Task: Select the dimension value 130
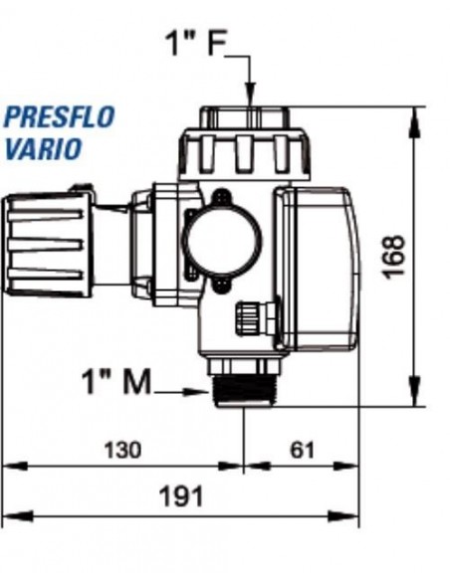(122, 450)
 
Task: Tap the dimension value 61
(302, 450)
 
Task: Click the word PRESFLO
(59, 117)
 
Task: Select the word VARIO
(41, 150)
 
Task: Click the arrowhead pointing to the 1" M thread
(202, 393)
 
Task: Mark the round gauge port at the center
(220, 240)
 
